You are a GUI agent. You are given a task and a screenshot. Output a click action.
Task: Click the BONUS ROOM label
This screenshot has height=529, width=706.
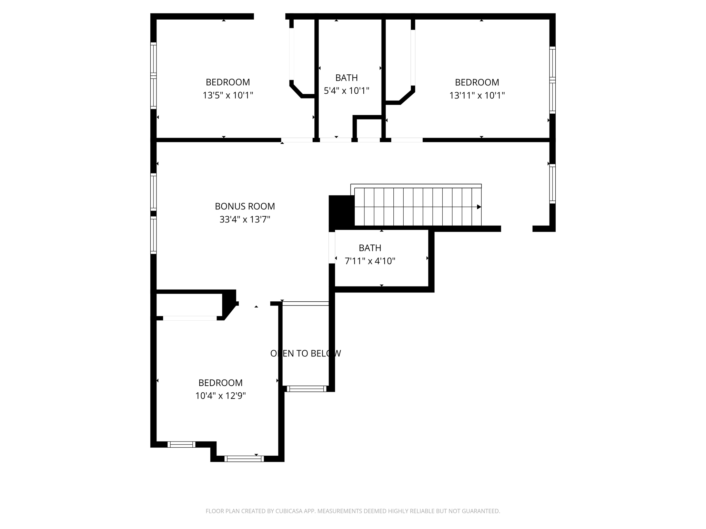pyautogui.click(x=245, y=206)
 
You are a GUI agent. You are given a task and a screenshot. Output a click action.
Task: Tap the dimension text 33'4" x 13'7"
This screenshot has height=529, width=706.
pyautogui.click(x=245, y=219)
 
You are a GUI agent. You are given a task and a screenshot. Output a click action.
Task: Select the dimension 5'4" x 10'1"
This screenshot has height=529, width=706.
pyautogui.click(x=346, y=91)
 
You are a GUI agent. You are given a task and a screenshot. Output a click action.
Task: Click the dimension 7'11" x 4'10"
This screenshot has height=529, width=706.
pyautogui.click(x=370, y=261)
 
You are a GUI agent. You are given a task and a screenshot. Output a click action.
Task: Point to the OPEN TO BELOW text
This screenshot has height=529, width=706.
pyautogui.click(x=305, y=353)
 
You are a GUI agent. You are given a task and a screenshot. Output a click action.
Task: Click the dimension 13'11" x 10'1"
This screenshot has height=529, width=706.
pyautogui.click(x=477, y=95)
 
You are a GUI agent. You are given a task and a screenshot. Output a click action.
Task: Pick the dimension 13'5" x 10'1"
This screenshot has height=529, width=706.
pyautogui.click(x=228, y=95)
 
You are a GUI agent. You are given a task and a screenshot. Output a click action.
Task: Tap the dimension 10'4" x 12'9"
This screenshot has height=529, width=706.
pyautogui.click(x=220, y=396)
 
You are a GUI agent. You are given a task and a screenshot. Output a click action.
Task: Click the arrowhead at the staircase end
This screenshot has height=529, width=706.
pyautogui.click(x=479, y=207)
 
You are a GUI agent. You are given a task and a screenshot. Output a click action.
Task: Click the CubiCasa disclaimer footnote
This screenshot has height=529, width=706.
pyautogui.click(x=353, y=511)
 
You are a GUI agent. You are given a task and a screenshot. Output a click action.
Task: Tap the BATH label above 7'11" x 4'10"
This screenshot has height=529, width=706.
pyautogui.click(x=370, y=248)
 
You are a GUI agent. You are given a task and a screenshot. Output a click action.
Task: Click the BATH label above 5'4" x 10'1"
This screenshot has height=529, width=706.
pyautogui.click(x=346, y=78)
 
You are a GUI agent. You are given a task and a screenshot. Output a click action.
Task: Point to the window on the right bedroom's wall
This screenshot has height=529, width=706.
pyautogui.click(x=552, y=80)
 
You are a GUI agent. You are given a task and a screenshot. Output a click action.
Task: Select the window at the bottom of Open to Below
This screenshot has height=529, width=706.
pyautogui.click(x=306, y=389)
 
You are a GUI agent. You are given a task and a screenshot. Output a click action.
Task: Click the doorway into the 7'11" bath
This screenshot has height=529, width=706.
pyautogui.click(x=332, y=248)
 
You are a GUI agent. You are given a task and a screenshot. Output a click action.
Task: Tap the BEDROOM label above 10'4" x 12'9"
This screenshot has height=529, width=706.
pyautogui.click(x=220, y=383)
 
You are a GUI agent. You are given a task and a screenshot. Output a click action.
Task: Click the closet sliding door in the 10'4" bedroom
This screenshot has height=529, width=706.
pyautogui.click(x=190, y=318)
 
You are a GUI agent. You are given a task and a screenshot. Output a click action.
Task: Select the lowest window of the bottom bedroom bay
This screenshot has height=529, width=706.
pyautogui.click(x=244, y=459)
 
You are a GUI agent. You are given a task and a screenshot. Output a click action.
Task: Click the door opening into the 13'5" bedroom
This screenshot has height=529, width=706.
pyautogui.click(x=297, y=140)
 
